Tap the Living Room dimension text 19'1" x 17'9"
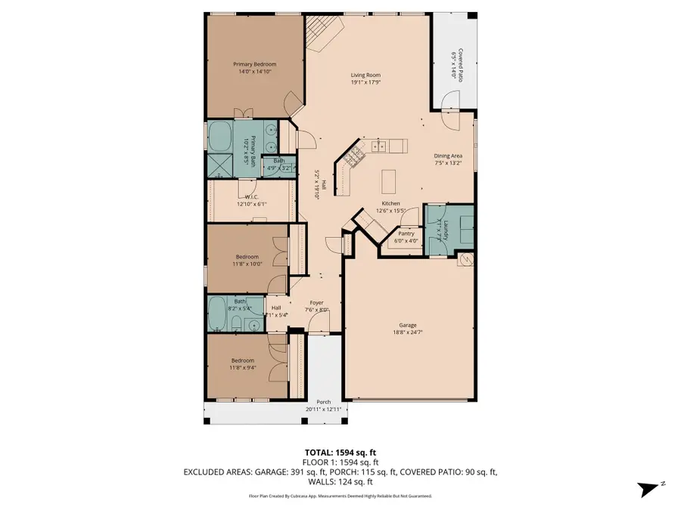(x=365, y=82)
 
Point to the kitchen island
(x=389, y=181)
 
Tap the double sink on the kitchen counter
(x=378, y=144)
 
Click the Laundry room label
(x=446, y=230)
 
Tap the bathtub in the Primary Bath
(x=222, y=134)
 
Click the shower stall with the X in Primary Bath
(x=222, y=164)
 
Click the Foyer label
(x=316, y=302)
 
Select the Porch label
(x=323, y=402)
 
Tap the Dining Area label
(x=448, y=156)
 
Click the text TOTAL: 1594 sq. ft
(x=340, y=451)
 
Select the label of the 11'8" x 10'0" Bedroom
(x=247, y=257)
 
